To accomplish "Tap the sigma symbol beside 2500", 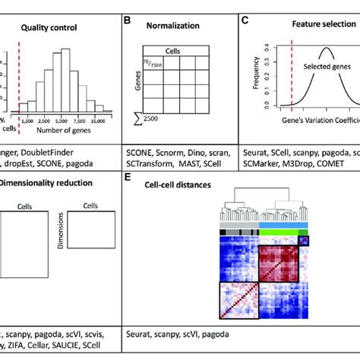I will point(134,118).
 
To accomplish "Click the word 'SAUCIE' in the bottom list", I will point(77,343).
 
